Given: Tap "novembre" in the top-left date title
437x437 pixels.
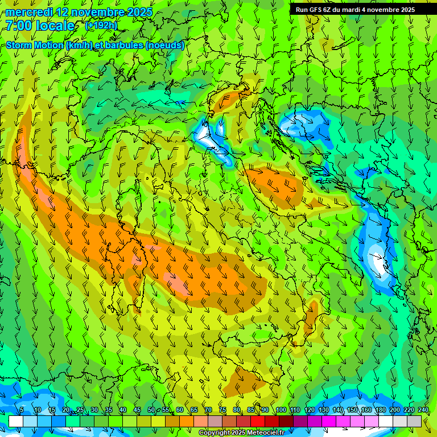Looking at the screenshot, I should [x=97, y=12].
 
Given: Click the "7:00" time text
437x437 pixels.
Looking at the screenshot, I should [x=19, y=26].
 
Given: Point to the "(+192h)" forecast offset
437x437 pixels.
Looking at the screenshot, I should [x=101, y=26].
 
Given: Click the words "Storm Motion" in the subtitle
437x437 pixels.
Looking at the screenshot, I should [x=35, y=45].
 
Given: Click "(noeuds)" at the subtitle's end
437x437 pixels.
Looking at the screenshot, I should [x=164, y=45].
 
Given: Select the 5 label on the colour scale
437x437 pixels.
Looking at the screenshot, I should [x=22, y=410].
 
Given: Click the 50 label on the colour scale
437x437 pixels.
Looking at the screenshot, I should [x=151, y=410].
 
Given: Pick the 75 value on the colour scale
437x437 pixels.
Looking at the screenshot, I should [x=222, y=410].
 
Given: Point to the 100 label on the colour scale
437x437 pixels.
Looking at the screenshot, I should [x=281, y=410].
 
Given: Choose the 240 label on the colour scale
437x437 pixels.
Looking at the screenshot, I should [x=423, y=410].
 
